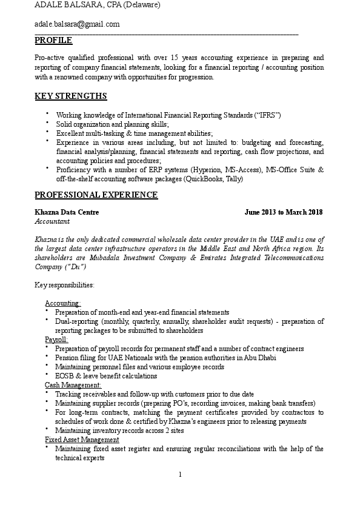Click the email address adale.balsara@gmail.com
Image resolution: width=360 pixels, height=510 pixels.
77,24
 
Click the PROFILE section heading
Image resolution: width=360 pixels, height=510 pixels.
53,41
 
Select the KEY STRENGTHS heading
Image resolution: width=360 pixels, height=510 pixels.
71,96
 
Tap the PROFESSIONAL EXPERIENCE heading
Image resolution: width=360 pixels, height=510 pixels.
96,195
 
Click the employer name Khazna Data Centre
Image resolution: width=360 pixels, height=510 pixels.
67,213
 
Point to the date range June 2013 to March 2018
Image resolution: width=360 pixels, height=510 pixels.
283,213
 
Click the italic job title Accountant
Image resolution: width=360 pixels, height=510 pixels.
52,222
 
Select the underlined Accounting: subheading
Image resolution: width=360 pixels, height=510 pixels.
63,303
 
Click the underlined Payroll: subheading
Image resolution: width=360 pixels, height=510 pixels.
56,340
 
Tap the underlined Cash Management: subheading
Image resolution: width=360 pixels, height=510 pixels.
73,385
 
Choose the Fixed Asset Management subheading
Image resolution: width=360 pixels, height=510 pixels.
82,440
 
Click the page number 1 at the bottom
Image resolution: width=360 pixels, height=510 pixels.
180,474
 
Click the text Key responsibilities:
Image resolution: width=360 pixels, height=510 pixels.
64,284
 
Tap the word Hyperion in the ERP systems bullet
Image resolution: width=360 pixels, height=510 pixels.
205,170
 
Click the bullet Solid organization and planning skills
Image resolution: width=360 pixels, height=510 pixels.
112,124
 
